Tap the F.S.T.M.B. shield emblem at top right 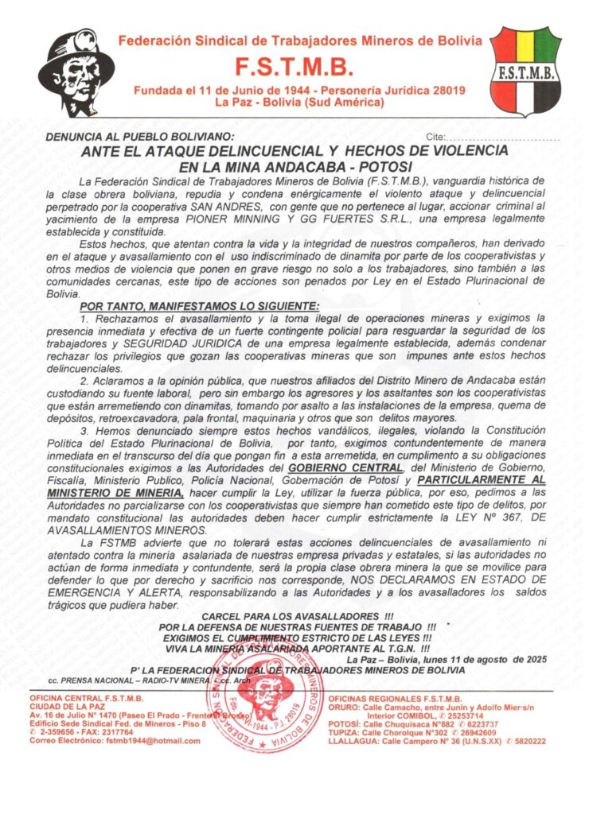pos(525,71)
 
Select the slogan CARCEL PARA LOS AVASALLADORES pos(298,616)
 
